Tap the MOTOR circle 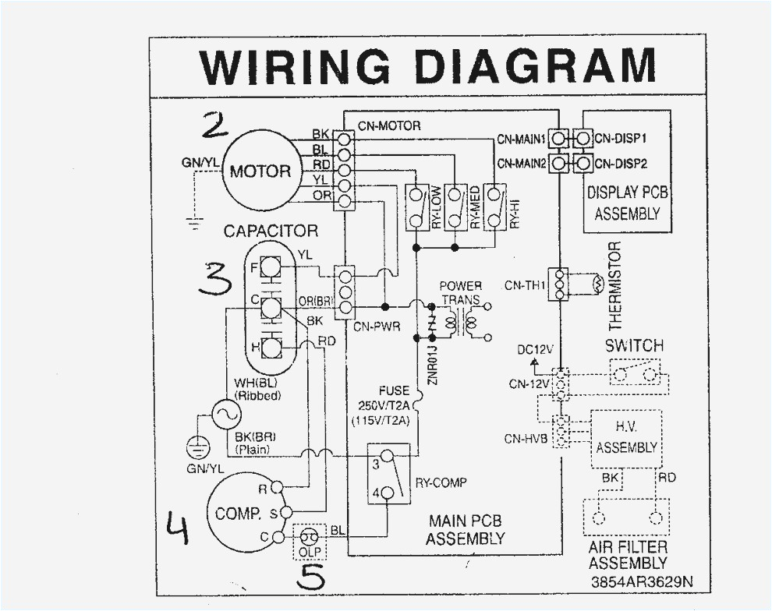point(260,171)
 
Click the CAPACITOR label point(271,231)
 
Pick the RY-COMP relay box point(388,475)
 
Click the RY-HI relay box point(494,207)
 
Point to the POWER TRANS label point(460,292)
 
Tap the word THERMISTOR point(614,285)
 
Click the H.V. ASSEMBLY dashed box point(626,438)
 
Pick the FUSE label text point(394,390)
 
